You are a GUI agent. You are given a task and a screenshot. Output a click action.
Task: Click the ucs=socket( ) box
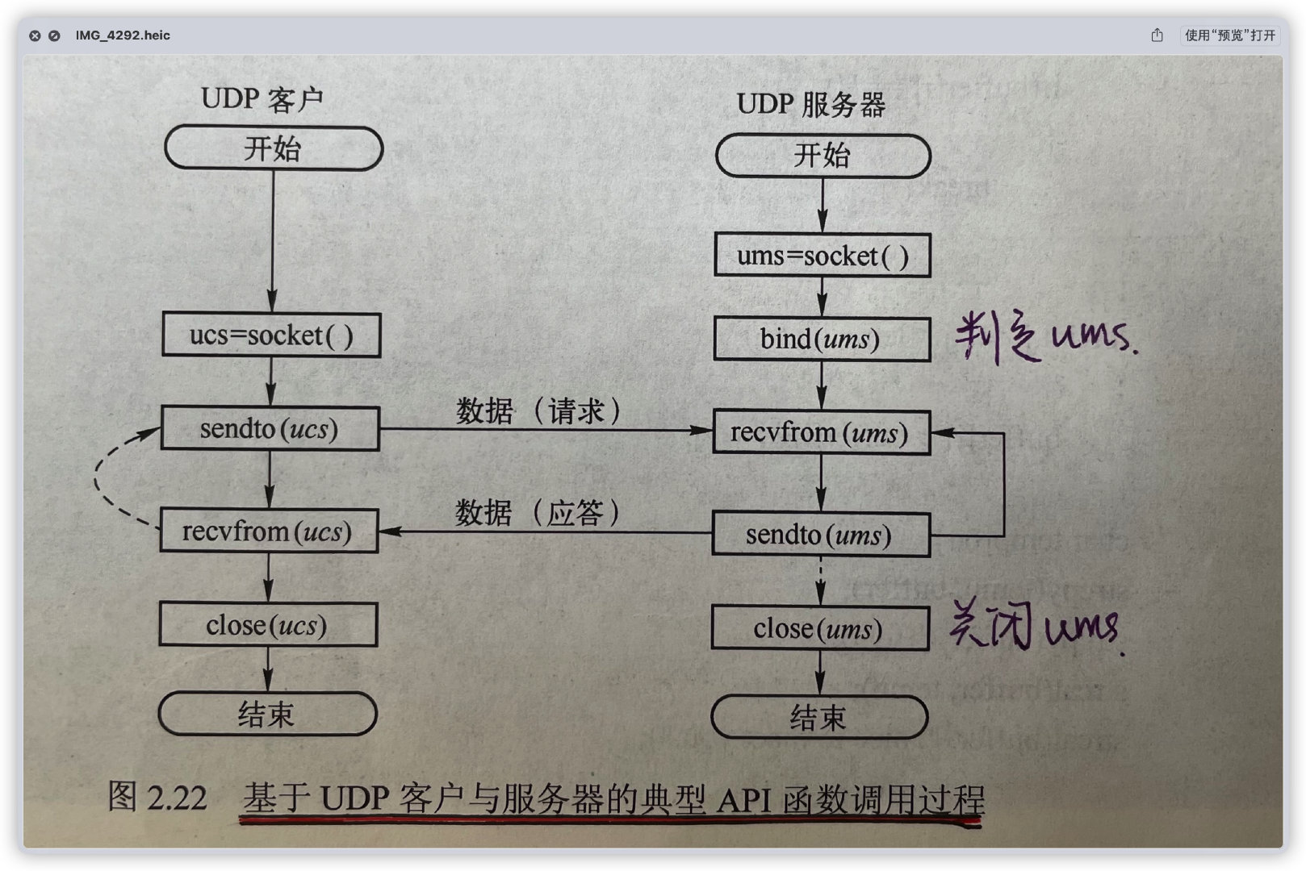(x=271, y=335)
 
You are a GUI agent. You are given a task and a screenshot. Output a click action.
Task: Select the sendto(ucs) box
(x=270, y=428)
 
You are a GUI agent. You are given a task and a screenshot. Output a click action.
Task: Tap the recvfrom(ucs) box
(x=269, y=531)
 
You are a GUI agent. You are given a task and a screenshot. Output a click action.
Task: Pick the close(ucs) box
(x=268, y=625)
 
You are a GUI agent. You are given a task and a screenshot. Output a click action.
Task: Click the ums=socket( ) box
(x=822, y=256)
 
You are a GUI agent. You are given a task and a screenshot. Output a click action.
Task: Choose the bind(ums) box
(x=821, y=339)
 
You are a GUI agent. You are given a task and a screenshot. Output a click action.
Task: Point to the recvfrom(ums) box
(x=821, y=432)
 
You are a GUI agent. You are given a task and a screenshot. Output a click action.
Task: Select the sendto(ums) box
(x=820, y=535)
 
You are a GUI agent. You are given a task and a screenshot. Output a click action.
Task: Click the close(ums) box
(x=819, y=628)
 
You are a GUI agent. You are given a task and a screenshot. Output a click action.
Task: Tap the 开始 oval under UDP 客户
(x=274, y=148)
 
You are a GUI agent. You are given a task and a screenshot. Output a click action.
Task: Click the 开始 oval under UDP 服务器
(x=823, y=156)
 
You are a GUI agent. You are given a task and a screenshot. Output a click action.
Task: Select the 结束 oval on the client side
(x=267, y=714)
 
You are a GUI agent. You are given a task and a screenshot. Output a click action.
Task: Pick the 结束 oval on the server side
(x=818, y=717)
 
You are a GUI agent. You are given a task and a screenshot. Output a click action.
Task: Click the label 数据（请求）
(x=538, y=411)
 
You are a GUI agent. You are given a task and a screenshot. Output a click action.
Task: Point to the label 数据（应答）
(x=538, y=513)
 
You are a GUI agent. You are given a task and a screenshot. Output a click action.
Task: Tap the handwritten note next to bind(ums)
(x=1045, y=337)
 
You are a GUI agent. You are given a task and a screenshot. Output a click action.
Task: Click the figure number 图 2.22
(x=157, y=798)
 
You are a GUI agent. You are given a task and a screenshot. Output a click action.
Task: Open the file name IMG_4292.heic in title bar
(x=123, y=35)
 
